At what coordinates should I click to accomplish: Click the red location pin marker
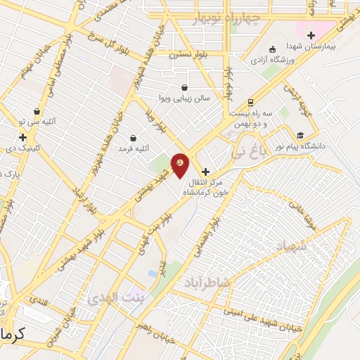click(181, 165)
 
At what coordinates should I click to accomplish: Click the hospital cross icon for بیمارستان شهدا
click(311, 35)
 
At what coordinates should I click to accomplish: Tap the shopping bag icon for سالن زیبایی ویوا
click(185, 87)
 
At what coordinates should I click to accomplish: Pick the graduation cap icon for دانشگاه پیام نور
click(300, 135)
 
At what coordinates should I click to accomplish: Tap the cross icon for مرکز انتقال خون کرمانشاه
click(205, 172)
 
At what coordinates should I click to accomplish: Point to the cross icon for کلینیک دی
click(23, 137)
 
